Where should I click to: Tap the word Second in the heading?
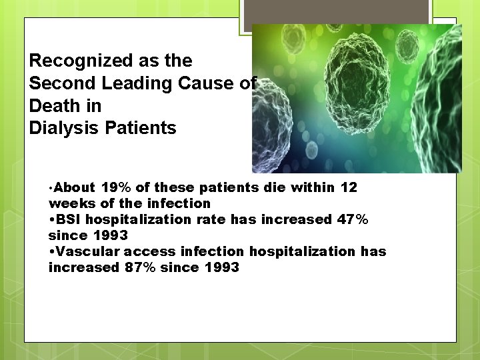coord(60,83)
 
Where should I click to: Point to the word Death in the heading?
coord(55,106)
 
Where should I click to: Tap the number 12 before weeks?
coord(349,188)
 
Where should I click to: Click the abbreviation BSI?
coord(69,219)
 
